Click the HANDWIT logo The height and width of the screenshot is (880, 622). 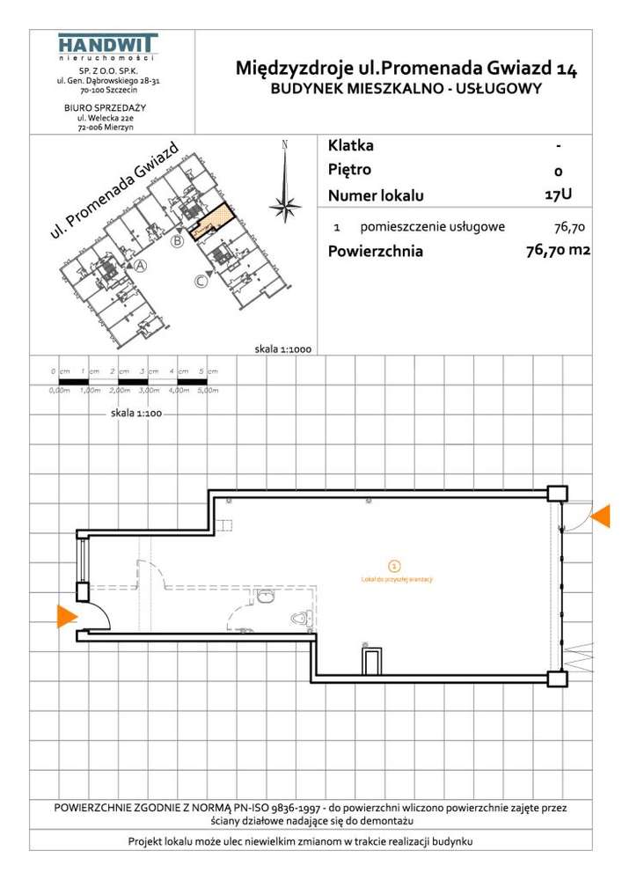[107, 47]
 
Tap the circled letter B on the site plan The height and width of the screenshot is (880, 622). [177, 241]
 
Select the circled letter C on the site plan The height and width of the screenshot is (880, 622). [201, 282]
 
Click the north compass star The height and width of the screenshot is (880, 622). [284, 206]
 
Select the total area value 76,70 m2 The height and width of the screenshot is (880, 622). [556, 251]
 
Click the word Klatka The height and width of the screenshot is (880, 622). [350, 145]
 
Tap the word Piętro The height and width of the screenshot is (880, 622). [349, 170]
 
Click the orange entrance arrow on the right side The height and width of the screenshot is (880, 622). [601, 517]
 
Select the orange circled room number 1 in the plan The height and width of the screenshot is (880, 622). [394, 566]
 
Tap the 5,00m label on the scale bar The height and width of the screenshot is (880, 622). [207, 390]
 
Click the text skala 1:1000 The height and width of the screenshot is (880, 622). [282, 348]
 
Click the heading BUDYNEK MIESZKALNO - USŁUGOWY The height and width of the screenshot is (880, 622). [406, 87]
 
